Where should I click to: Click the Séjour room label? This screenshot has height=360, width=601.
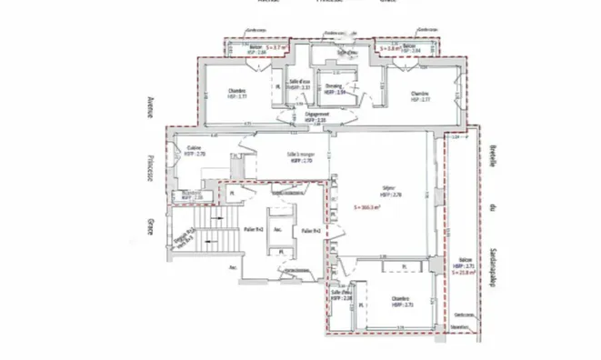pyautogui.click(x=386, y=190)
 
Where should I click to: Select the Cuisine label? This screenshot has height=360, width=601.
pyautogui.click(x=194, y=148)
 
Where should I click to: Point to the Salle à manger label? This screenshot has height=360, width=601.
pyautogui.click(x=300, y=154)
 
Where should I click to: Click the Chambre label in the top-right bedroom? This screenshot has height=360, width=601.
pyautogui.click(x=419, y=94)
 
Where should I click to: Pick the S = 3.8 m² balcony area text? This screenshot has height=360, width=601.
pyautogui.click(x=389, y=46)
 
